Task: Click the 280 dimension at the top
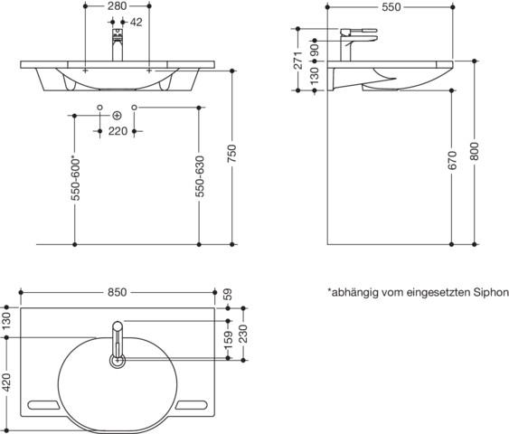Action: (x=117, y=5)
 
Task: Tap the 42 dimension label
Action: (x=137, y=22)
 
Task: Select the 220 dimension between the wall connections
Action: (x=118, y=131)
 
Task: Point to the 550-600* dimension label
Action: (x=75, y=179)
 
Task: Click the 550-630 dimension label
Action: (x=199, y=176)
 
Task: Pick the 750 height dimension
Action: (x=232, y=154)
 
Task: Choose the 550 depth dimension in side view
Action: (x=391, y=7)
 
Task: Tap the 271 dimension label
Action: (x=298, y=60)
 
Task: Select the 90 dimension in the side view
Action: (x=315, y=51)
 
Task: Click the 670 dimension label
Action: (x=452, y=160)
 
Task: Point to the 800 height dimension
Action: (x=475, y=151)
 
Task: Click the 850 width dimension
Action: (x=118, y=292)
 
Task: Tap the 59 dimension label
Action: (x=228, y=295)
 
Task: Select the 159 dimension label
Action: (x=228, y=340)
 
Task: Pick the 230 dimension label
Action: (x=243, y=334)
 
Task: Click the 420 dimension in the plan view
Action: (x=6, y=382)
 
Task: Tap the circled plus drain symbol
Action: (x=117, y=116)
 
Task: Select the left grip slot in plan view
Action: (x=43, y=405)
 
